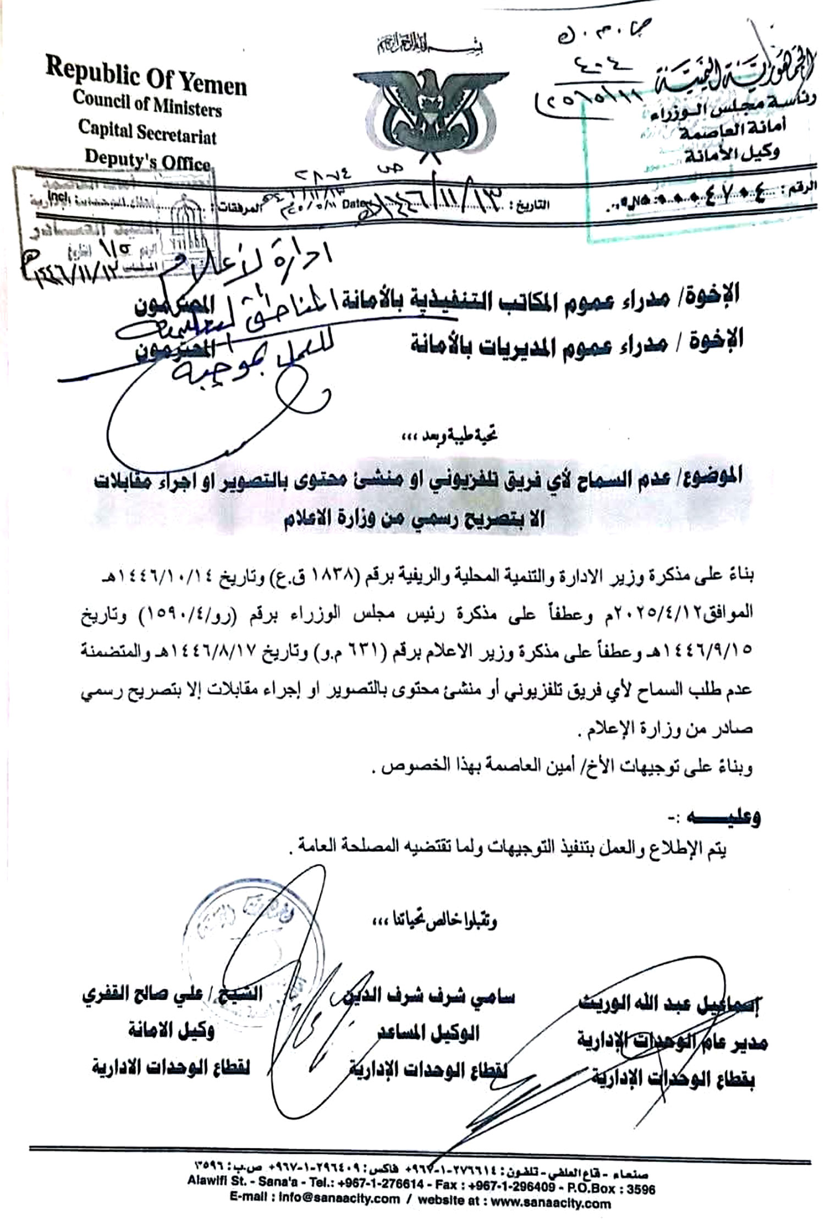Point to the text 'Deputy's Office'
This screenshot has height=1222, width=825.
(147, 161)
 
